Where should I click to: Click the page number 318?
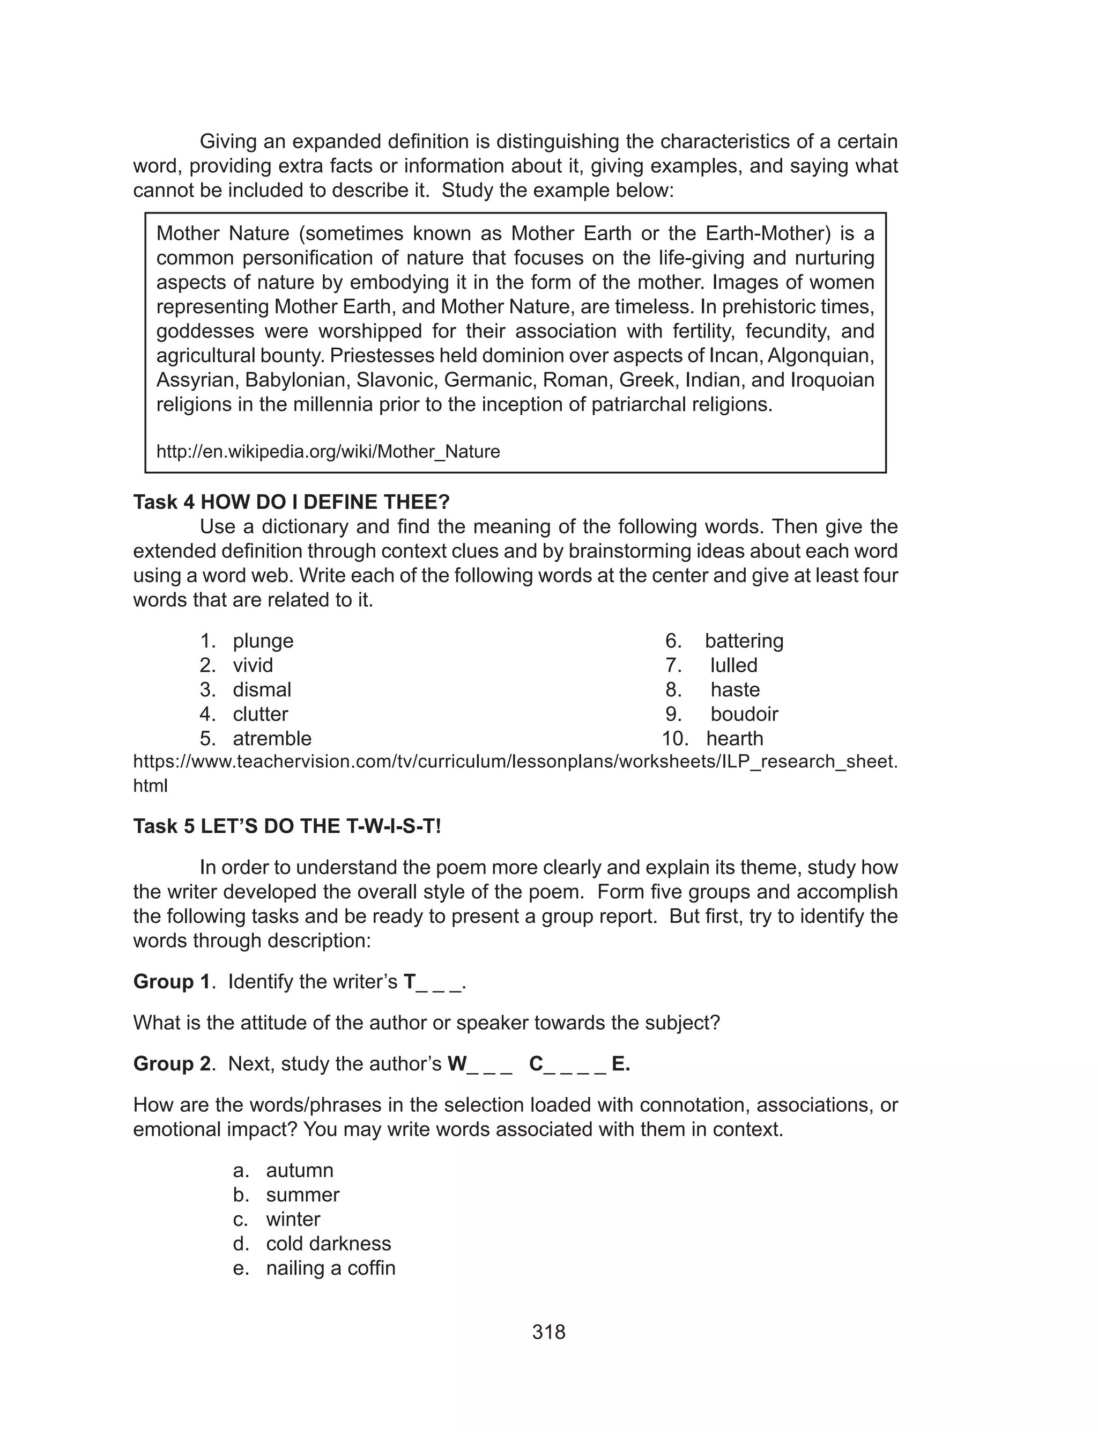(548, 1332)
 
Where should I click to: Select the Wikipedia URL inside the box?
(328, 452)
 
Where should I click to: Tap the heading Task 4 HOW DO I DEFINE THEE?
(292, 502)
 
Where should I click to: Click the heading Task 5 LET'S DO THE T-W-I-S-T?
(287, 826)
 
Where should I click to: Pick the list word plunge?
(263, 641)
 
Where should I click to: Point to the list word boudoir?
(744, 714)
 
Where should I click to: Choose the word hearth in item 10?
(735, 739)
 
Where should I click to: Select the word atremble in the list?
(272, 739)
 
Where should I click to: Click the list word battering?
(744, 641)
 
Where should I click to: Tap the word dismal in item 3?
(262, 690)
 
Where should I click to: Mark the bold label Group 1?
(173, 981)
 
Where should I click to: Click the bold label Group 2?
(173, 1064)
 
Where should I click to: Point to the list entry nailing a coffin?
(331, 1268)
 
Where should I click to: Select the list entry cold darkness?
(328, 1244)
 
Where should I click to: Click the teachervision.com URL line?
(515, 762)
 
